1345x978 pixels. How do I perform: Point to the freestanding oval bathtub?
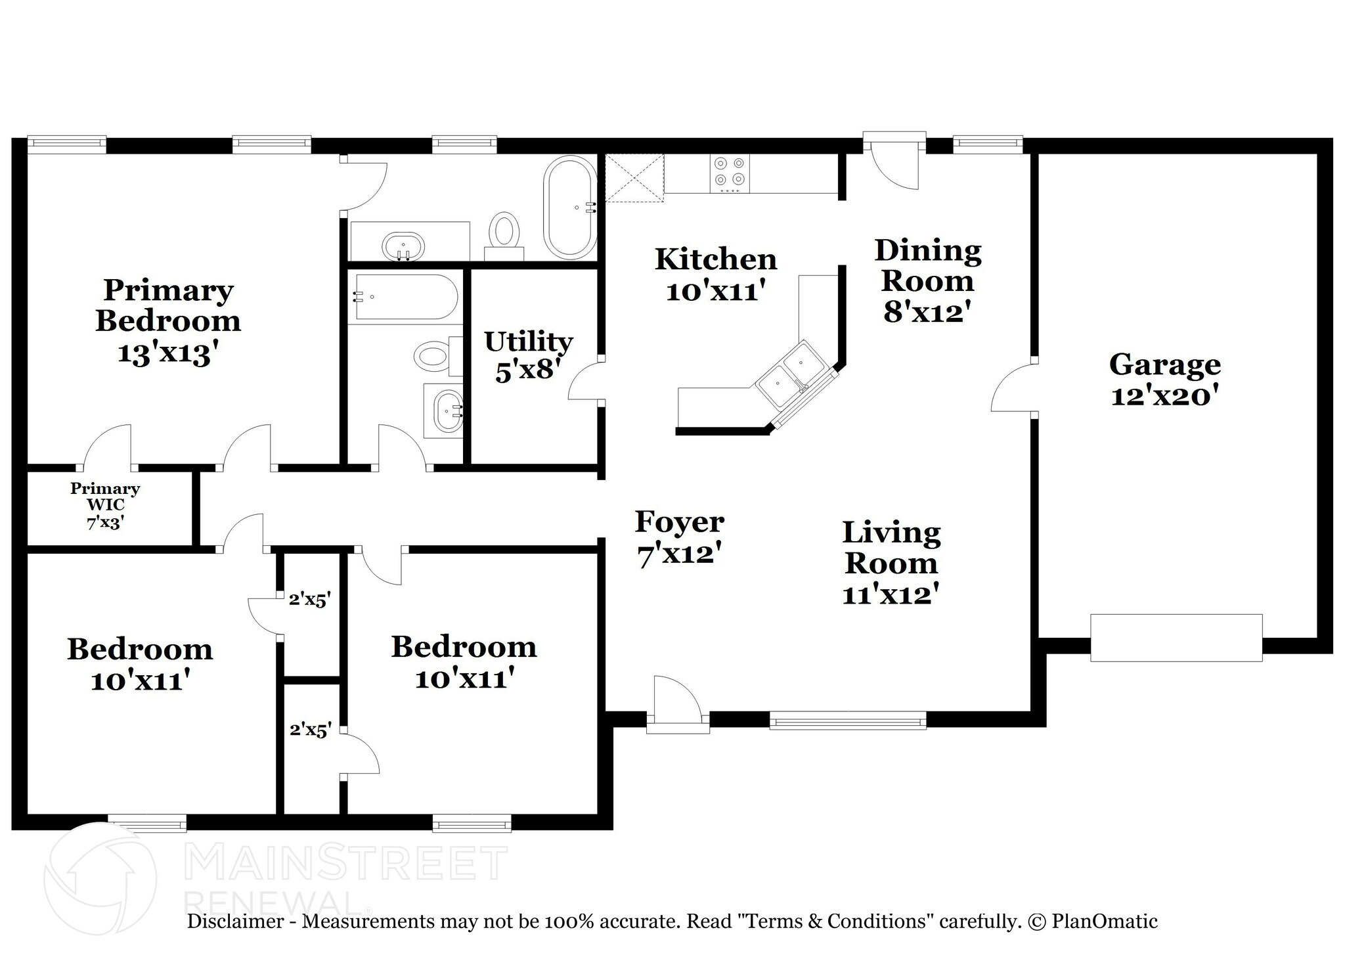coord(570,207)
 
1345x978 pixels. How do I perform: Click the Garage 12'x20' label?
coord(1165,380)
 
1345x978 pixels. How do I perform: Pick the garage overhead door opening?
coord(1176,637)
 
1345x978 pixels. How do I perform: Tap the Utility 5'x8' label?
coord(529,355)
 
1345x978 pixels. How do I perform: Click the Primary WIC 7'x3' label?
coord(105,506)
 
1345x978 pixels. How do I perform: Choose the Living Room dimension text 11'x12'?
coord(891,594)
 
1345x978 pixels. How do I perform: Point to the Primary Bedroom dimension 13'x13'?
coord(167,353)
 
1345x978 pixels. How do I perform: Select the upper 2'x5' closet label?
coord(309,599)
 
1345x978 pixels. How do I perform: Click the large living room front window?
coord(848,721)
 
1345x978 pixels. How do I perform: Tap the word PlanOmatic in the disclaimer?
coord(1105,922)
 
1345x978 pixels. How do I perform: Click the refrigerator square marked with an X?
coord(634,177)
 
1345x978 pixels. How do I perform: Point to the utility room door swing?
coord(585,380)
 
